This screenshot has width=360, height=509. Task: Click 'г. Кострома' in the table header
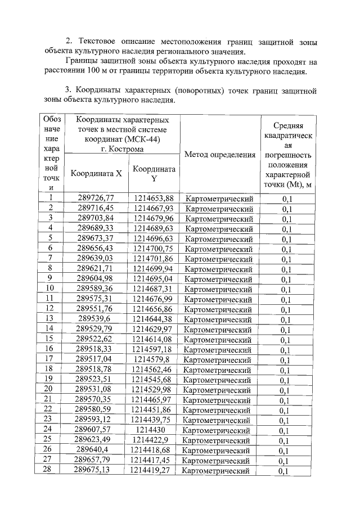(x=122, y=150)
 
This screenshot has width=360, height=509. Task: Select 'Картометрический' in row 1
(x=219, y=199)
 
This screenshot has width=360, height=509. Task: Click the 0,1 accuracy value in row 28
(x=287, y=471)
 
